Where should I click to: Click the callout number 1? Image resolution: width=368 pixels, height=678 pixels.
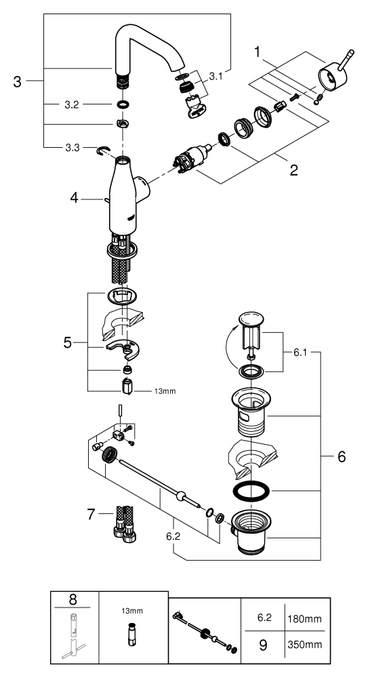[x=258, y=53]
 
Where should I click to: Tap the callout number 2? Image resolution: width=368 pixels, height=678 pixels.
[x=293, y=169]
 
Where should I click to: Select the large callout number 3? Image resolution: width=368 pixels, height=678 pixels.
[x=17, y=81]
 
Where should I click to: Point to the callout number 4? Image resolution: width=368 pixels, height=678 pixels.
[x=75, y=198]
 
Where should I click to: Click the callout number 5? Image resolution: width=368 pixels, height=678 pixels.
[x=68, y=342]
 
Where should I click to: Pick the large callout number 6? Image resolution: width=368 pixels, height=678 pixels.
[x=342, y=456]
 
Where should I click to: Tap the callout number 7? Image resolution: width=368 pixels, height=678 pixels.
[x=91, y=514]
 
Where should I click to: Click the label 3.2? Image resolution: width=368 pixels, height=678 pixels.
[x=72, y=104]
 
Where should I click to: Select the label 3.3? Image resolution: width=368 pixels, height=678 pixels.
[x=73, y=148]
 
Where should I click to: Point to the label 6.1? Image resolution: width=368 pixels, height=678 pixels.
[x=300, y=353]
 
